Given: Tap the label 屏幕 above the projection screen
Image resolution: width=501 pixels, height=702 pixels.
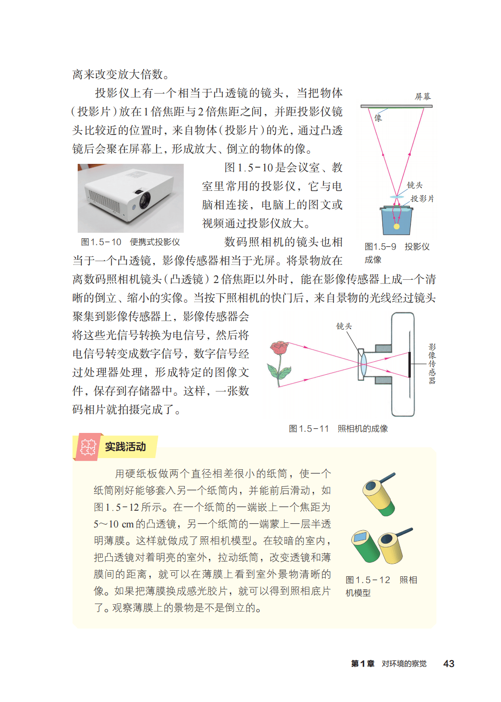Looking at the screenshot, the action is [x=423, y=96].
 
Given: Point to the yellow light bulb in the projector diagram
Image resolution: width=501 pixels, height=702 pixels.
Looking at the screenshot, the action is [x=396, y=226].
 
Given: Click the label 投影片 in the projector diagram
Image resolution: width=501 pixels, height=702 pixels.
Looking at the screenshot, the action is [x=422, y=198].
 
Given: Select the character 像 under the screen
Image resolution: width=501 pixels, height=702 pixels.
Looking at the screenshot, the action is [x=378, y=118].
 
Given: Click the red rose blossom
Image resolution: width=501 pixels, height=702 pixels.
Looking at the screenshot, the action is [x=279, y=348].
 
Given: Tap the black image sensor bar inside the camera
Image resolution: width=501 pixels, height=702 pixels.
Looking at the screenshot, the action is [x=409, y=364].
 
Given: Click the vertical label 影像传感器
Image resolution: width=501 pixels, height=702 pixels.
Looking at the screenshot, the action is [x=432, y=364].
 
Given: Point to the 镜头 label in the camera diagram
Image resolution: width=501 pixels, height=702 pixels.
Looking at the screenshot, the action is [x=344, y=326].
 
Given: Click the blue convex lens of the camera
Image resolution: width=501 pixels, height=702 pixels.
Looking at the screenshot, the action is [x=363, y=364].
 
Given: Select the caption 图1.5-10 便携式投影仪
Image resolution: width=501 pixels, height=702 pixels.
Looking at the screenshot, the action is [x=130, y=242].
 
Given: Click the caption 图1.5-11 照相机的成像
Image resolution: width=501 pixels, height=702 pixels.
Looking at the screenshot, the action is [x=338, y=428].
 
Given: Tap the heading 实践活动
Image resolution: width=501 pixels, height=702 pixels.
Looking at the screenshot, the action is [x=125, y=446].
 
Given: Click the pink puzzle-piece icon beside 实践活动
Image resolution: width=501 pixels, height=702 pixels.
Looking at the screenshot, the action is [x=88, y=447].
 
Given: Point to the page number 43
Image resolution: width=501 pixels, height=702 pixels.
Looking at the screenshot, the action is [x=449, y=663].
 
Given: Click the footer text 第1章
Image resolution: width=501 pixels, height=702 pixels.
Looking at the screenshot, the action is [x=362, y=663].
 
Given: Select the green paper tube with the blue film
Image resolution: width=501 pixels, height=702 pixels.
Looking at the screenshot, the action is [x=365, y=546].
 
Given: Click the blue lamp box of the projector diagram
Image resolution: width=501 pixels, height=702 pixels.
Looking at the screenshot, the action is [x=396, y=221].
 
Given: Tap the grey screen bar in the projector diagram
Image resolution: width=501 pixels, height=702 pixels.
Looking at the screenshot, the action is [x=396, y=106].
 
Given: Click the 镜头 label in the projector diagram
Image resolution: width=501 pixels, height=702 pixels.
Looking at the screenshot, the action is [x=414, y=185].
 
